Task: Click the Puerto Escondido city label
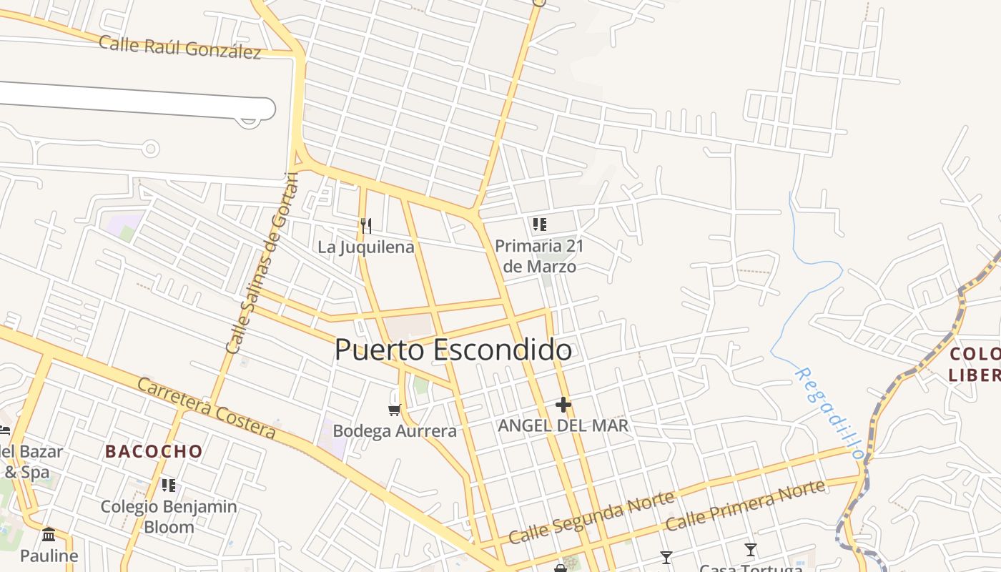[453, 350]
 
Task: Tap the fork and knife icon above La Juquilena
[366, 226]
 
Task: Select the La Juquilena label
[366, 247]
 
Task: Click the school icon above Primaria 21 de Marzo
[539, 225]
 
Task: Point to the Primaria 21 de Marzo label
[539, 256]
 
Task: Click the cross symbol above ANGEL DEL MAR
[563, 405]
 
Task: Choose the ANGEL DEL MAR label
[563, 426]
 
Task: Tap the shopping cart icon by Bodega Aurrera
[394, 410]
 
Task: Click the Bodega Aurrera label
[395, 431]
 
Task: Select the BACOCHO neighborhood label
[154, 451]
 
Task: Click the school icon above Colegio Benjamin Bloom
[169, 486]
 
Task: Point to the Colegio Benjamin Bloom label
[169, 517]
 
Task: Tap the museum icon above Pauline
[49, 535]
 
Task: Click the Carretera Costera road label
[206, 408]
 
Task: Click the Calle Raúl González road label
[179, 47]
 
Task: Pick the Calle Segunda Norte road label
[591, 517]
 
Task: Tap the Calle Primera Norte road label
[745, 506]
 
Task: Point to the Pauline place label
[49, 556]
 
